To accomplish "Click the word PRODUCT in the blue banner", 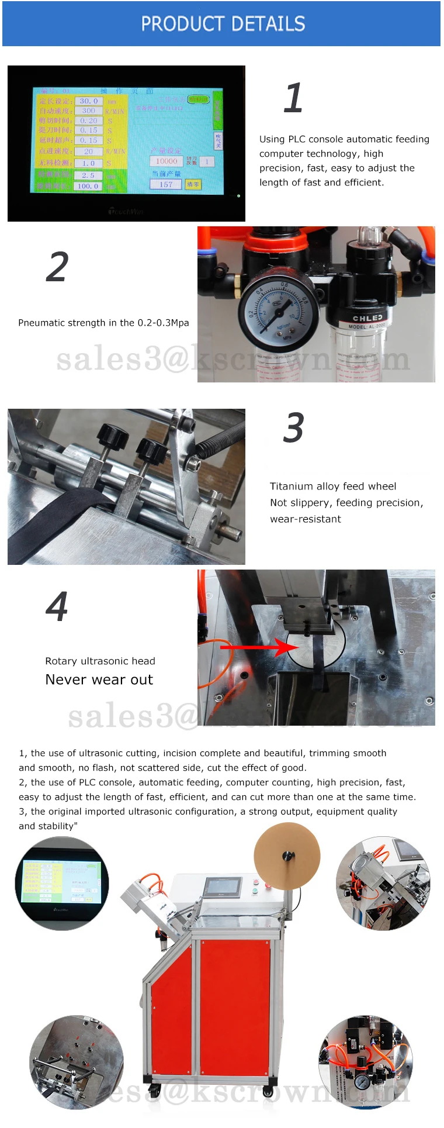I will (x=182, y=24).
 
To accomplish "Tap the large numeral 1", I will (x=293, y=98).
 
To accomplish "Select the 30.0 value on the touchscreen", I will (x=88, y=101).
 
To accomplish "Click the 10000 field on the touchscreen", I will (x=166, y=161).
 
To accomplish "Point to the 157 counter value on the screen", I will (x=166, y=184).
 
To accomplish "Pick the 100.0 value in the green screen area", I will (x=88, y=187).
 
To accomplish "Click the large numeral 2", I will (x=57, y=267).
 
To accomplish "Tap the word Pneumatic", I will (x=41, y=323).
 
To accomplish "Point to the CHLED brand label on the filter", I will (x=367, y=318).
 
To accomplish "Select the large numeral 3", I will (x=293, y=428).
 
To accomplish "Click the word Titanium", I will (x=291, y=487).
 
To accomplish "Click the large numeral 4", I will (x=57, y=607).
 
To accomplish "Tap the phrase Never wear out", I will (x=99, y=679).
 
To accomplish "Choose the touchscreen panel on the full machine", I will (x=222, y=888).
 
